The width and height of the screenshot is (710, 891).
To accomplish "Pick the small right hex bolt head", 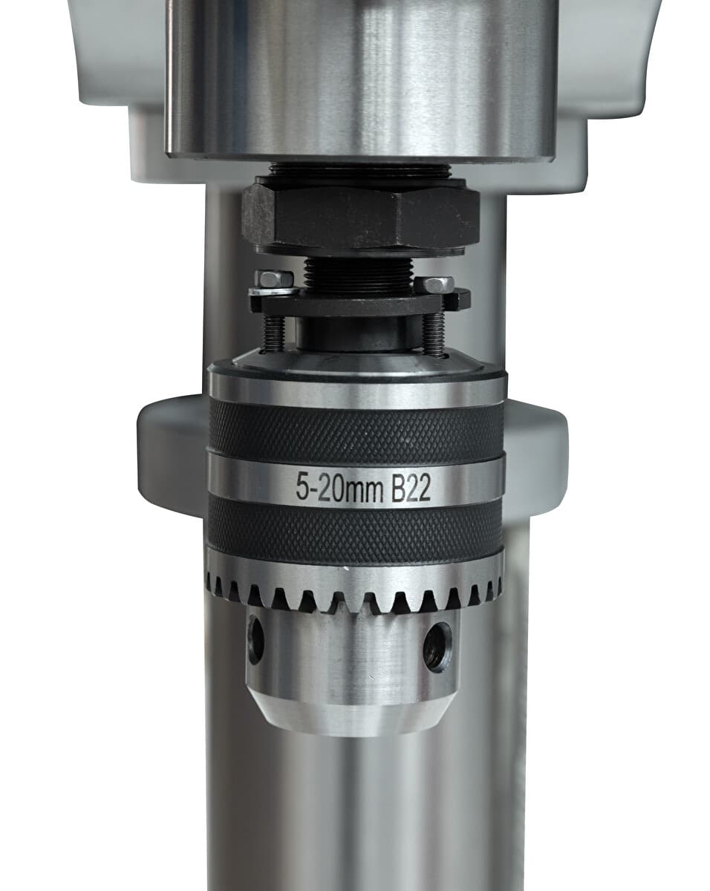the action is click(434, 284).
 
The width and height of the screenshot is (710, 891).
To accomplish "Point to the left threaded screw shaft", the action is click(275, 335).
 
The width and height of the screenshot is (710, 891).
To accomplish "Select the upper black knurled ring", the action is click(356, 431).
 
